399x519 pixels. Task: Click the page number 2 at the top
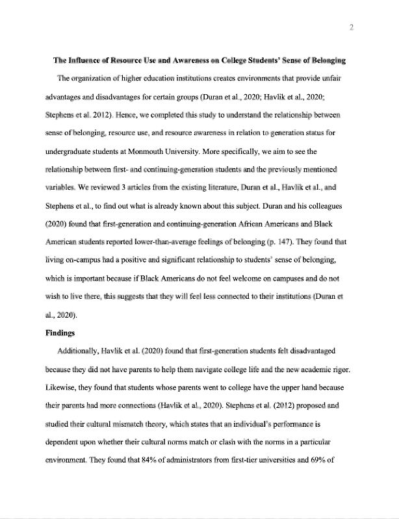click(350, 27)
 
